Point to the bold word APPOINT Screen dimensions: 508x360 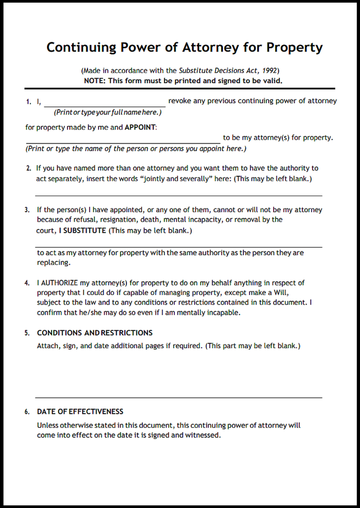141,127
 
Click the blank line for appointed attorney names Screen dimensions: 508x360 123,142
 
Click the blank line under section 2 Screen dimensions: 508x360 179,195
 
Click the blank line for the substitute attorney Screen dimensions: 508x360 179,246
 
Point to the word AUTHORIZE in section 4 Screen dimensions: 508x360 58,283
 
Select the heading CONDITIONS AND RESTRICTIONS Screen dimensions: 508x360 95,333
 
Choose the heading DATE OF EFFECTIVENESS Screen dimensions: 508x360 80,411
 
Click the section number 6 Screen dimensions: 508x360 27,412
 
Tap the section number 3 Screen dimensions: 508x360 27,210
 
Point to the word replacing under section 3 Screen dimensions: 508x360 53,263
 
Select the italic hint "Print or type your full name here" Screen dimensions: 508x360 107,113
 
